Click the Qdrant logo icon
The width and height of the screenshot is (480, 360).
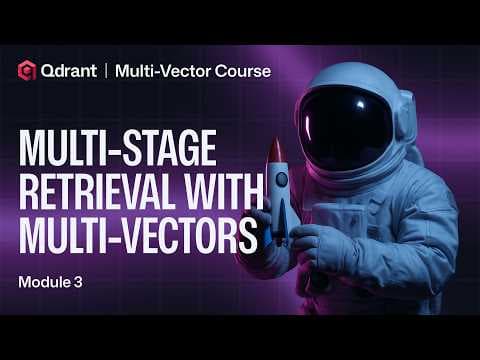click(x=27, y=71)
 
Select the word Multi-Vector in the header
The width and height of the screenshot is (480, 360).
click(x=160, y=71)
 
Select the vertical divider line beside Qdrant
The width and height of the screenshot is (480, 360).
click(x=105, y=71)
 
